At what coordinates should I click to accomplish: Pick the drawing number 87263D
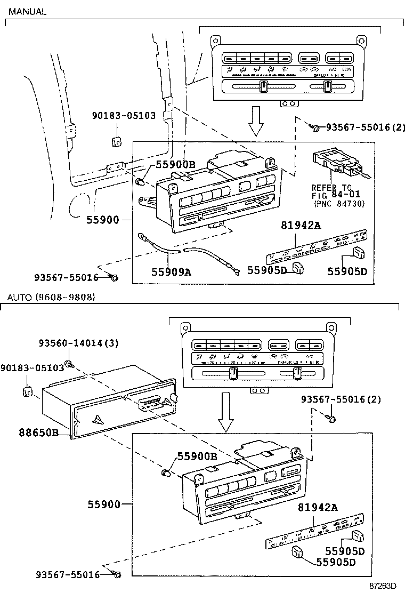point(383,585)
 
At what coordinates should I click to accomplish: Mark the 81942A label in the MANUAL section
point(301,226)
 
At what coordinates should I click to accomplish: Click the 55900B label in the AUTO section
point(197,456)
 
